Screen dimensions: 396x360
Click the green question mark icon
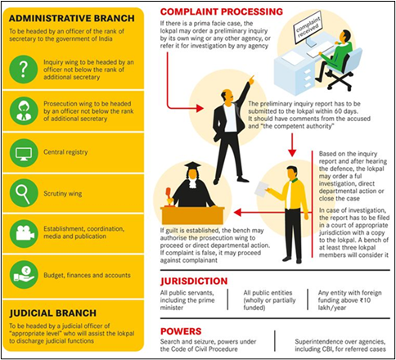point(24,70)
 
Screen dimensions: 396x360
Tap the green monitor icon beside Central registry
point(24,153)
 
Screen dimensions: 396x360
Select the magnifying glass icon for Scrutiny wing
point(24,193)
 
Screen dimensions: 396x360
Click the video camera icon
point(24,234)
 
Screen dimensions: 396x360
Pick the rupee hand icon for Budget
point(24,275)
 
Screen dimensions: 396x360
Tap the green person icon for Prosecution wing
point(24,111)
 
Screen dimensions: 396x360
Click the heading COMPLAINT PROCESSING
point(222,11)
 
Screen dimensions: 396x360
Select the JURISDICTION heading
point(194,281)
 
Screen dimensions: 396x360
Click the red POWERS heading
point(181,331)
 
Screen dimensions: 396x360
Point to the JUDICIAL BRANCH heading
point(52,313)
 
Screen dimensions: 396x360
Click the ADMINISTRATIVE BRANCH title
point(72,18)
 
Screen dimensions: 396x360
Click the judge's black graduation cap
point(192,166)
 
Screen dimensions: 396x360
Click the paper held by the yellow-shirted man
point(261,189)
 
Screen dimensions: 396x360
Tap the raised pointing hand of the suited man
point(251,79)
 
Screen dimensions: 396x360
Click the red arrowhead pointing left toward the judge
point(237,213)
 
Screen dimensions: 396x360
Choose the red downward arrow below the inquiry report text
point(292,145)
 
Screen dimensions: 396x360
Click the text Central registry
point(65,152)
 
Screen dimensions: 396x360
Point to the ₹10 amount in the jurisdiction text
point(365,300)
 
